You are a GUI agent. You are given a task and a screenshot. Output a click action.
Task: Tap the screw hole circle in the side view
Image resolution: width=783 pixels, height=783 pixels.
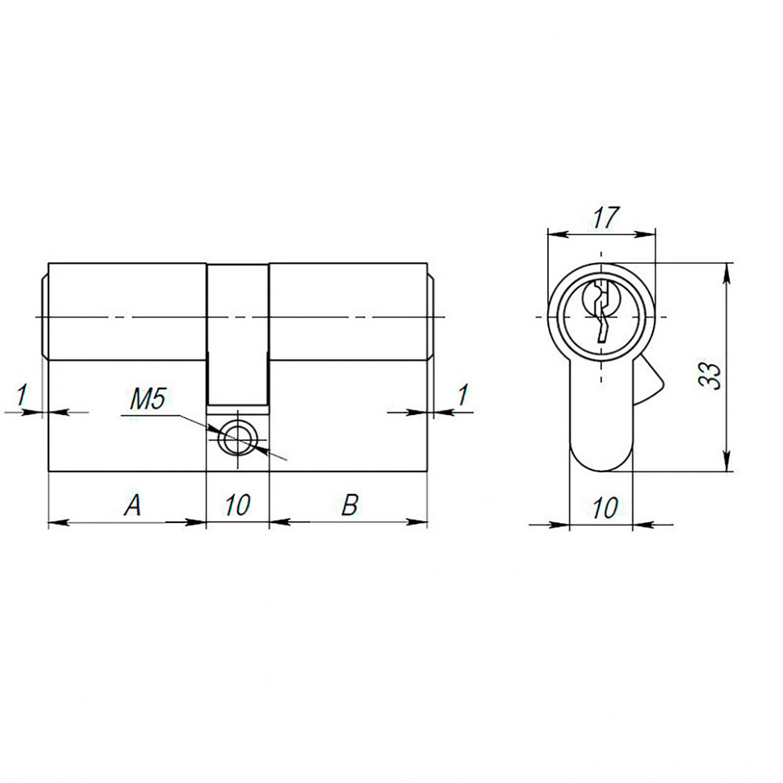tap(238, 441)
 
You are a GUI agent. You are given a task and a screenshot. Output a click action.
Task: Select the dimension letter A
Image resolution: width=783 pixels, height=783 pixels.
tap(133, 506)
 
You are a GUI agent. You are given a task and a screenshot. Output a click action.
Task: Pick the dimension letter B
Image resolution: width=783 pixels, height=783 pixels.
tap(350, 506)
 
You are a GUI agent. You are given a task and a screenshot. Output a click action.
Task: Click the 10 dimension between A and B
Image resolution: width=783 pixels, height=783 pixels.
tap(237, 506)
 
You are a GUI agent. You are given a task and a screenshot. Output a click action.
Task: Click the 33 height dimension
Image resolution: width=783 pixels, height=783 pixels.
tap(710, 376)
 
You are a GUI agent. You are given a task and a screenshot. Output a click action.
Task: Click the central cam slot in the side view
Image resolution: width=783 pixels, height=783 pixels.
tap(238, 335)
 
